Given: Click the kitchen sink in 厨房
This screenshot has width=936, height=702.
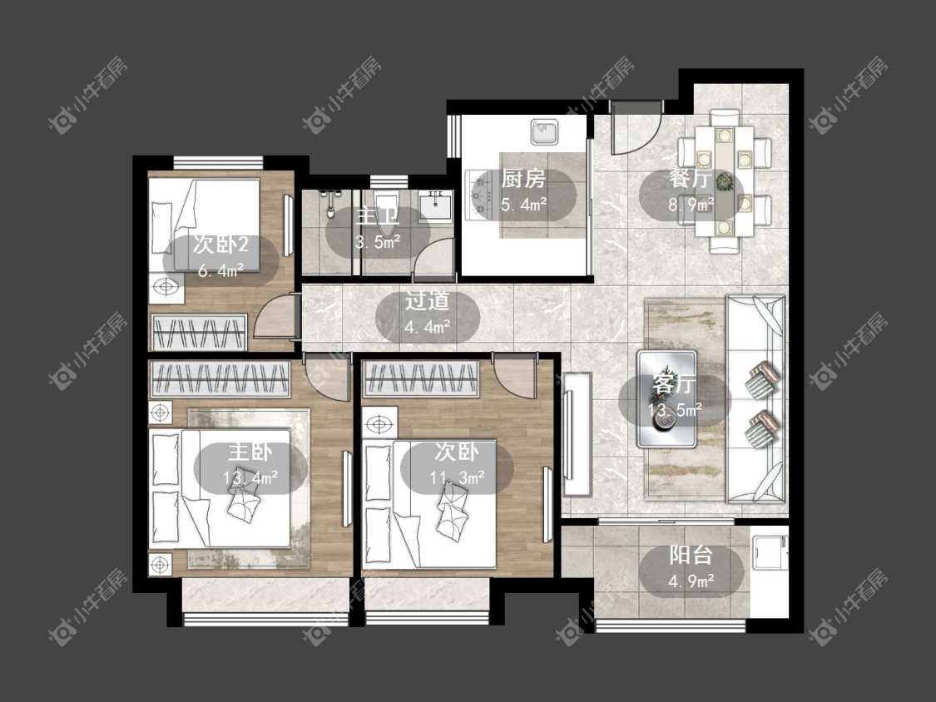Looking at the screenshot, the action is click(x=544, y=132).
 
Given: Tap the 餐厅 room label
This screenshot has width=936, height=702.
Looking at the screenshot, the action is click(x=691, y=179).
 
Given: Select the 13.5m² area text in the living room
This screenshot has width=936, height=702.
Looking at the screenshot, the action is click(x=675, y=409).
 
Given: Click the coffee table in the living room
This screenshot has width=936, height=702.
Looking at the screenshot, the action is click(x=666, y=398).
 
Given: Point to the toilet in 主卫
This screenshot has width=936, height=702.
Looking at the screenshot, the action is click(x=386, y=212).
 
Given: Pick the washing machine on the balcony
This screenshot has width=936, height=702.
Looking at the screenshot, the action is click(x=768, y=555).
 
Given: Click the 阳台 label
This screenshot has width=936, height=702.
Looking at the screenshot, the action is click(x=691, y=555).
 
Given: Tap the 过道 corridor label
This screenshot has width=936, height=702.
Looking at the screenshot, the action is click(x=427, y=300).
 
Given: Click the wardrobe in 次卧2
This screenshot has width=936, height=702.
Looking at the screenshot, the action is click(x=199, y=332).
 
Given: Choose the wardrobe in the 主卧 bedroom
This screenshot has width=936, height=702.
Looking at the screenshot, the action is click(x=220, y=378).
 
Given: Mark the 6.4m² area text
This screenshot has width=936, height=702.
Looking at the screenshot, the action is click(x=220, y=270).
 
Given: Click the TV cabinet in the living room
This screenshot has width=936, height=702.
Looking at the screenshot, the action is click(x=577, y=434).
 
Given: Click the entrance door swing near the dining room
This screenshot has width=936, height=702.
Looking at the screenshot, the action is click(x=636, y=128).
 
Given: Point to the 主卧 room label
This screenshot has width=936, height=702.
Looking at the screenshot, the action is click(x=250, y=452).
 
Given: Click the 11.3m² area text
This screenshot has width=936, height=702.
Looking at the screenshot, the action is click(x=458, y=477).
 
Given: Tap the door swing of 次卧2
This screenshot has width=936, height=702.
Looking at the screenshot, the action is click(x=275, y=317).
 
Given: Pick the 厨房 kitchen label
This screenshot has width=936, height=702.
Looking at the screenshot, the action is click(x=523, y=179).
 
